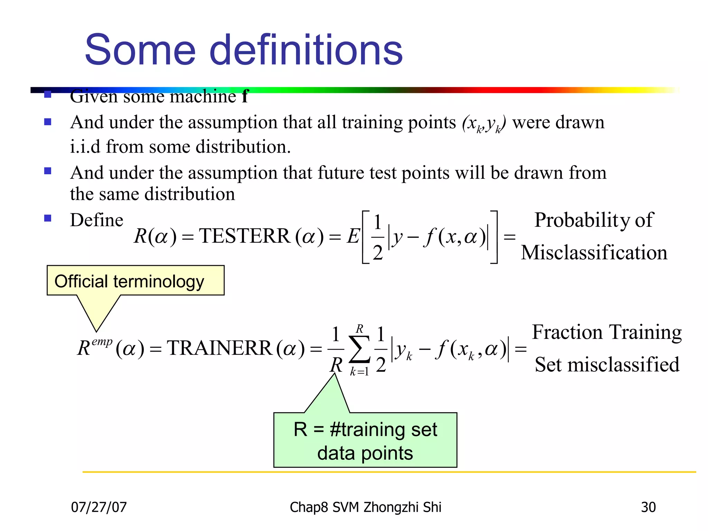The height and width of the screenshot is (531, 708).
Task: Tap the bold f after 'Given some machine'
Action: (x=245, y=96)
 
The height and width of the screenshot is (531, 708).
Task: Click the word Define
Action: (x=96, y=220)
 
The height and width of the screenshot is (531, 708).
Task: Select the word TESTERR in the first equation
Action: (x=244, y=236)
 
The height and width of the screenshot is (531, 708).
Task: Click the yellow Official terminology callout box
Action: (x=135, y=281)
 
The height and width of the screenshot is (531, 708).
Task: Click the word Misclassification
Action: (x=594, y=253)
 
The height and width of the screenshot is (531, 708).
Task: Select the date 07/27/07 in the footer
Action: (x=99, y=507)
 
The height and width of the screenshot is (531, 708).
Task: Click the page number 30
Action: (x=648, y=507)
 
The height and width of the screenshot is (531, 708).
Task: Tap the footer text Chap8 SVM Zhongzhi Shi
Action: (x=365, y=507)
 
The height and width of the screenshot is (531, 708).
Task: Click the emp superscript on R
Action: (x=102, y=342)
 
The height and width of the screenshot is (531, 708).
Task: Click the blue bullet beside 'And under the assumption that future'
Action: (x=48, y=171)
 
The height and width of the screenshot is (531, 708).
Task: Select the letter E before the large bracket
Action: (x=353, y=237)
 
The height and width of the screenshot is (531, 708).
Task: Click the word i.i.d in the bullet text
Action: (x=85, y=147)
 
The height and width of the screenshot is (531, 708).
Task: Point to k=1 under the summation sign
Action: (x=359, y=372)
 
